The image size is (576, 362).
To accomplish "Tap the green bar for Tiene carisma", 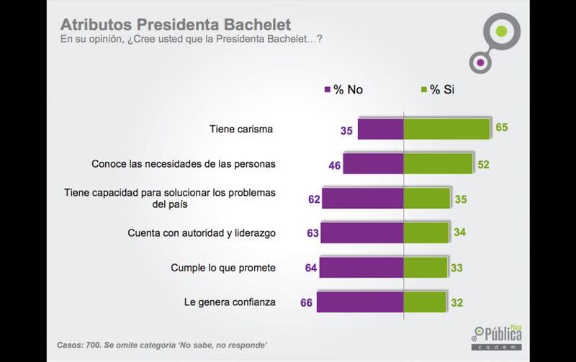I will [x=446, y=129].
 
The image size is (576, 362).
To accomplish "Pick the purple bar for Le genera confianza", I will [x=360, y=302].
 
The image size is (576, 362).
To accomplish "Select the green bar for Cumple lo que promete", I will [x=426, y=268].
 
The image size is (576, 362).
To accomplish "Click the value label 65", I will [x=501, y=127].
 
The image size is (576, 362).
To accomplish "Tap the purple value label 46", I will [x=333, y=165].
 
